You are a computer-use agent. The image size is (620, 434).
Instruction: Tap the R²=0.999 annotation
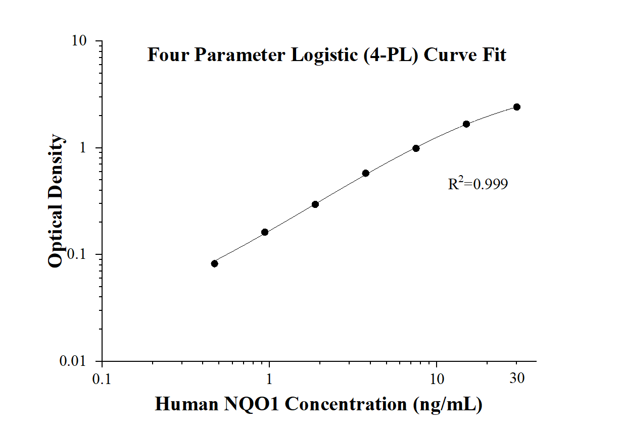(x=478, y=184)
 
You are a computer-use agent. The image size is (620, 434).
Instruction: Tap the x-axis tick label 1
(x=269, y=378)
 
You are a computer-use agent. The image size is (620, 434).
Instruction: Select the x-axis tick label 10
(x=437, y=378)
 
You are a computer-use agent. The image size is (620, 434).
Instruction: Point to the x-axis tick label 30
(x=516, y=378)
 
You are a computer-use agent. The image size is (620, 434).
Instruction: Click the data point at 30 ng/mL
(x=516, y=107)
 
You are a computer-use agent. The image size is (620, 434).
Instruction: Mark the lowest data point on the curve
(x=214, y=263)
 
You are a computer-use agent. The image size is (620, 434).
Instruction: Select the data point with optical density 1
(x=416, y=148)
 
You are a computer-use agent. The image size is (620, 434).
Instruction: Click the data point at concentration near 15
(x=466, y=124)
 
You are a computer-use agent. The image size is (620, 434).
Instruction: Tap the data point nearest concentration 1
(x=265, y=232)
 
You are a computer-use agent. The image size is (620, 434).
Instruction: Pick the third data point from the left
(x=315, y=204)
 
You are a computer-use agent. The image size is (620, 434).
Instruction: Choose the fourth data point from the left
(x=366, y=173)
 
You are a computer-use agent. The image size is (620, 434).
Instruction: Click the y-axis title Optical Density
(x=56, y=201)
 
